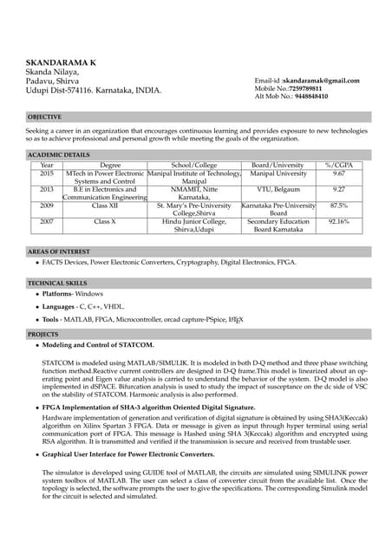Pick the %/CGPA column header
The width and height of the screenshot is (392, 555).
338,165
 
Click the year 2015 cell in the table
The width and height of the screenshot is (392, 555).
47,173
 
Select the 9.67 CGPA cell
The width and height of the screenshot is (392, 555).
338,173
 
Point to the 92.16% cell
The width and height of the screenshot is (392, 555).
338,221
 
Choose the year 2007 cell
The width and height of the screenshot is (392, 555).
47,221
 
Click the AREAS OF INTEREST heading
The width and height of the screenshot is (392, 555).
59,251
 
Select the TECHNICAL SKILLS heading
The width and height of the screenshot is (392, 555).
57,283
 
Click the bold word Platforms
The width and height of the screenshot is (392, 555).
57,295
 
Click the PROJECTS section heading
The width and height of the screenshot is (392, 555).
43,333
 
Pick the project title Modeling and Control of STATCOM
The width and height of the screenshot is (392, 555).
98,344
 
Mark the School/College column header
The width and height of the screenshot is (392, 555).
194,165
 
